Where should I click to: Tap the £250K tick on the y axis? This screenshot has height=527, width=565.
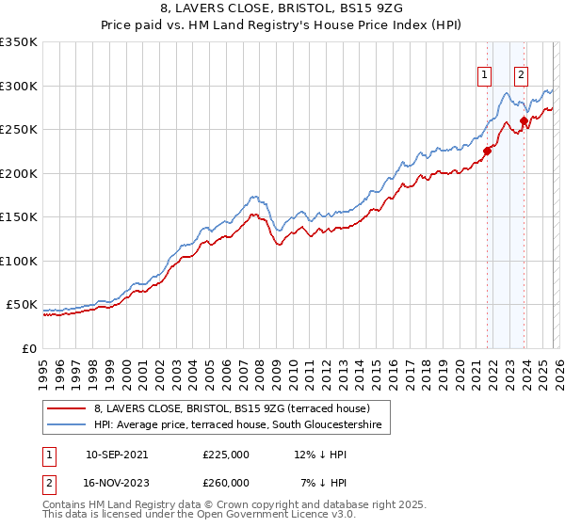(19, 130)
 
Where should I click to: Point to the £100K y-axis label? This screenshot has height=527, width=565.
(19, 261)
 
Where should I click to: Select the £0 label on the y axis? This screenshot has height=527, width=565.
(28, 348)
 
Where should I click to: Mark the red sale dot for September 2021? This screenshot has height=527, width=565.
(487, 151)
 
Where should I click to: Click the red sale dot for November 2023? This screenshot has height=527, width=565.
(524, 120)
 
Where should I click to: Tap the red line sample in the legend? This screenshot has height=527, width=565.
(67, 408)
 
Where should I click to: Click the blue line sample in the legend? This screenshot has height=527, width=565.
(67, 425)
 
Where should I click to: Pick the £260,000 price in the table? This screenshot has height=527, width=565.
(226, 482)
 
